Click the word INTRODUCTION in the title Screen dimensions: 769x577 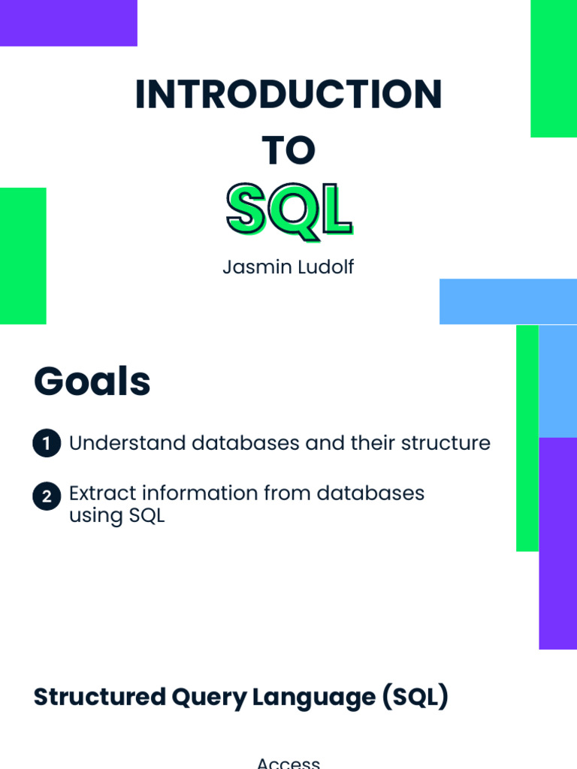pos(288,95)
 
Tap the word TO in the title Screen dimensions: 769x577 pos(288,151)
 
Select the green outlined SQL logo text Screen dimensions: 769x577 pos(288,210)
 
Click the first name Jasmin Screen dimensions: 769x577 pos(250,267)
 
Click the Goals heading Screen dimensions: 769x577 pos(92,381)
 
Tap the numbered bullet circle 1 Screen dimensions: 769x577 pos(47,444)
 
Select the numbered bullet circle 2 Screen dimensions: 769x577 pos(47,497)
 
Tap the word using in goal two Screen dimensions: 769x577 pos(90,517)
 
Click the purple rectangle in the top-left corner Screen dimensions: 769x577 pos(68,23)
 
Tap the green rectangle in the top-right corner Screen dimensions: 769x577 pos(554,68)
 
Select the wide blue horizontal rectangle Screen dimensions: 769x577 pos(508,301)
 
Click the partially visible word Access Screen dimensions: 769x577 pos(288,763)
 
